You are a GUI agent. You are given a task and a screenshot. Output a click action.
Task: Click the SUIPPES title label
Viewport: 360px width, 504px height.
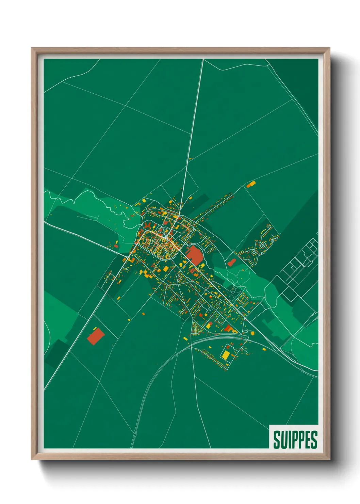point(295,439)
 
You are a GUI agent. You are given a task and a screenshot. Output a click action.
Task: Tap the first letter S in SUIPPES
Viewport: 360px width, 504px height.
point(277,440)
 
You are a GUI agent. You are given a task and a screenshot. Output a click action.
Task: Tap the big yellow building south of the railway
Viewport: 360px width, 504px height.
point(226,354)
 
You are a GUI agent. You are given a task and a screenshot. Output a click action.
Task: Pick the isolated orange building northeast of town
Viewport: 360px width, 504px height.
point(251,184)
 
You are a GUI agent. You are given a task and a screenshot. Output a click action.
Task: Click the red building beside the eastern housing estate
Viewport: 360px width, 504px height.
point(232,262)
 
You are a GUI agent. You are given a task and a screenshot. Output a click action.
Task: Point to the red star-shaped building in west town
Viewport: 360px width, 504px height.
point(148,225)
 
